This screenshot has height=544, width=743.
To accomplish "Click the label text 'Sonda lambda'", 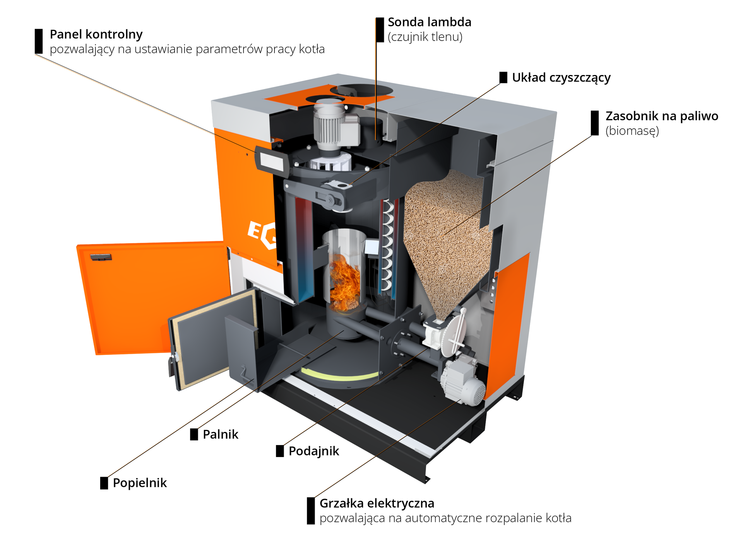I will click(x=429, y=22).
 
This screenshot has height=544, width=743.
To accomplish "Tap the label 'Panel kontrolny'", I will click(x=96, y=34).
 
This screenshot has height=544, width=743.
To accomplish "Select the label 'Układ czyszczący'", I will click(x=561, y=78).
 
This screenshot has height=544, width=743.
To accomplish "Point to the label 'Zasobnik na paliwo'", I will click(x=661, y=116).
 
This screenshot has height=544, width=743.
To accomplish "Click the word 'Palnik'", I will click(x=220, y=434).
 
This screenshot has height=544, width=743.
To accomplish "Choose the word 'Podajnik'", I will click(x=313, y=451).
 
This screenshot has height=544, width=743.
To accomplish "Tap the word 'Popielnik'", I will click(x=140, y=483).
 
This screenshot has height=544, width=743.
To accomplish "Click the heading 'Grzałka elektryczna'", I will click(x=377, y=503).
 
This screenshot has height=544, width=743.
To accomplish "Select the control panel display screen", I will click(x=270, y=161).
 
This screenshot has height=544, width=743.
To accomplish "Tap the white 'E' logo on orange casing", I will click(x=255, y=230).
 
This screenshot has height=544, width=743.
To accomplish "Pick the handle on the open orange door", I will click(x=101, y=257).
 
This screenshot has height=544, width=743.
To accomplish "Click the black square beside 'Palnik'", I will click(x=194, y=434).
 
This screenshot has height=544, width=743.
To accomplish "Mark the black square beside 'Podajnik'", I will click(x=280, y=451).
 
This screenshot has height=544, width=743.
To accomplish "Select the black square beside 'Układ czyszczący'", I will click(x=503, y=77).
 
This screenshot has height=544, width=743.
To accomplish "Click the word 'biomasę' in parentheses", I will click(x=632, y=131).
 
